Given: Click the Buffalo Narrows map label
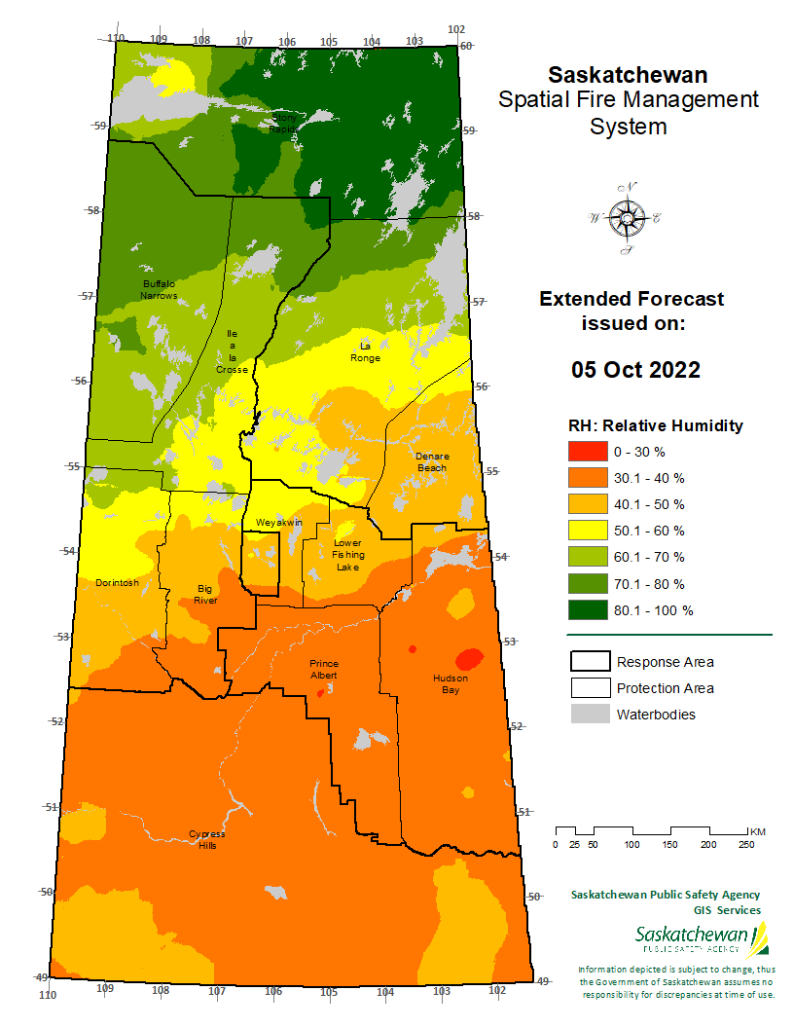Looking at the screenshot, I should tap(159, 289).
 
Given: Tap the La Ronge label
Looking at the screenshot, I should tap(370, 351).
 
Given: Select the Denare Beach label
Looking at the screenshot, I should tap(431, 461).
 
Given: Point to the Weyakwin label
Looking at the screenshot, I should tap(279, 523).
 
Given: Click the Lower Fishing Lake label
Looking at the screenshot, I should tap(346, 555).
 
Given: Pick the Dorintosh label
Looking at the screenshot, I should tap(117, 583).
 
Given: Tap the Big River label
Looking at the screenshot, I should tap(204, 594).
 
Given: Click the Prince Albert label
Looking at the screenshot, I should tap(323, 669).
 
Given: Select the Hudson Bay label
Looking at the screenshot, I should tap(451, 683).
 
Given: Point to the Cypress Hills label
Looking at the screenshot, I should tap(207, 839).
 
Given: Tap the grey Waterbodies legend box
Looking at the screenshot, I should tap(588, 715).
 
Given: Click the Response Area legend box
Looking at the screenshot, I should tap(588, 662).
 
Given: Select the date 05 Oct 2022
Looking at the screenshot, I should tap(634, 371).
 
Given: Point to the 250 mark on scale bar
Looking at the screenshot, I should tap(746, 844).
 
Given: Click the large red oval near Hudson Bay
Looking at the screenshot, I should tap(469, 657).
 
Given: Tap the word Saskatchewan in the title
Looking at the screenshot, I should tap(628, 75).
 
